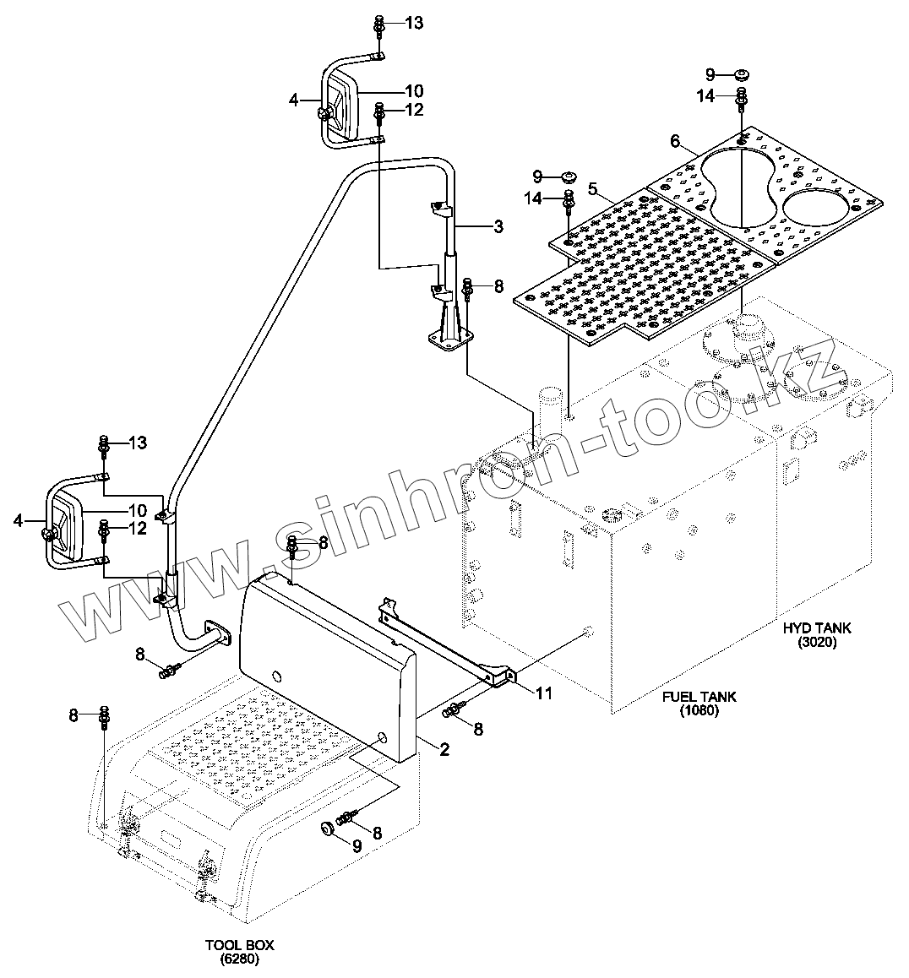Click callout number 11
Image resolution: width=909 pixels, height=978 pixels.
[x=545, y=693]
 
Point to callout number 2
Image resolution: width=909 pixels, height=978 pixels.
[x=444, y=747]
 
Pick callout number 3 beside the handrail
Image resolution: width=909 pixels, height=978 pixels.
[x=498, y=225]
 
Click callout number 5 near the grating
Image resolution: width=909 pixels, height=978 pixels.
[x=592, y=187]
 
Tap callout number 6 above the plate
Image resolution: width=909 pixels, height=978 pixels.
[x=675, y=140]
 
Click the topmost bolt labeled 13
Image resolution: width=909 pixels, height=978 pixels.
[x=379, y=24]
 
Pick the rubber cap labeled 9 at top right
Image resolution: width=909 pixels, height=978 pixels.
[x=741, y=73]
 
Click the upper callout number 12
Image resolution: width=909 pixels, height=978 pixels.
[x=413, y=110]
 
